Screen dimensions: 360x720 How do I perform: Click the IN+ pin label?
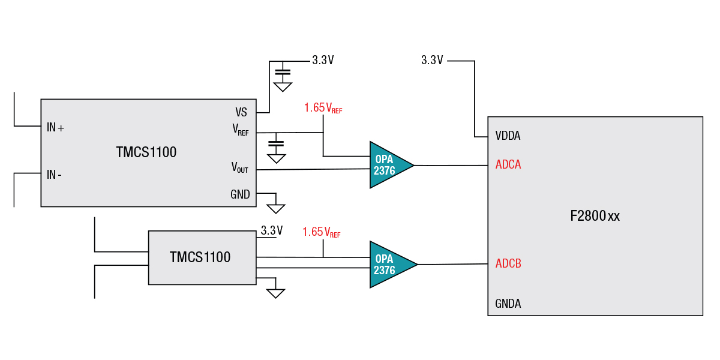55,128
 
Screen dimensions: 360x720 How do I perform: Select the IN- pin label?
55,175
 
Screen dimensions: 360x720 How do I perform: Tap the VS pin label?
241,112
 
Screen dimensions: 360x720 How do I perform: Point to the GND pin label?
240,194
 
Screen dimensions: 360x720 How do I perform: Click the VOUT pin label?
240,167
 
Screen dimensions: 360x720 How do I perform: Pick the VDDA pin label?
508,136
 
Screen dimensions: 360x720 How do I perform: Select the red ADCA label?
508,165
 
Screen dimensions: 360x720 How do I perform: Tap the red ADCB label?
508,263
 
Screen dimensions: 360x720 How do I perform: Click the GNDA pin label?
508,304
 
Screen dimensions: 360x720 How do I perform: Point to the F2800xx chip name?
595,216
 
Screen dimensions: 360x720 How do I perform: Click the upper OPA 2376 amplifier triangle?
387,165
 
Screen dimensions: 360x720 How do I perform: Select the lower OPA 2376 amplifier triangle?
388,265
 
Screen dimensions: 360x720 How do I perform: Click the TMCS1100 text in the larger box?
146,152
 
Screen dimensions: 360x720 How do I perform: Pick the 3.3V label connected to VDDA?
432,60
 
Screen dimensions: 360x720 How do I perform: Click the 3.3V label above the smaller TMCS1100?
271,231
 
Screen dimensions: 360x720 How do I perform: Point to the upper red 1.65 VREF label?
323,108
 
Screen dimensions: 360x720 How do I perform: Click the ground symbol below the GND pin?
275,208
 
